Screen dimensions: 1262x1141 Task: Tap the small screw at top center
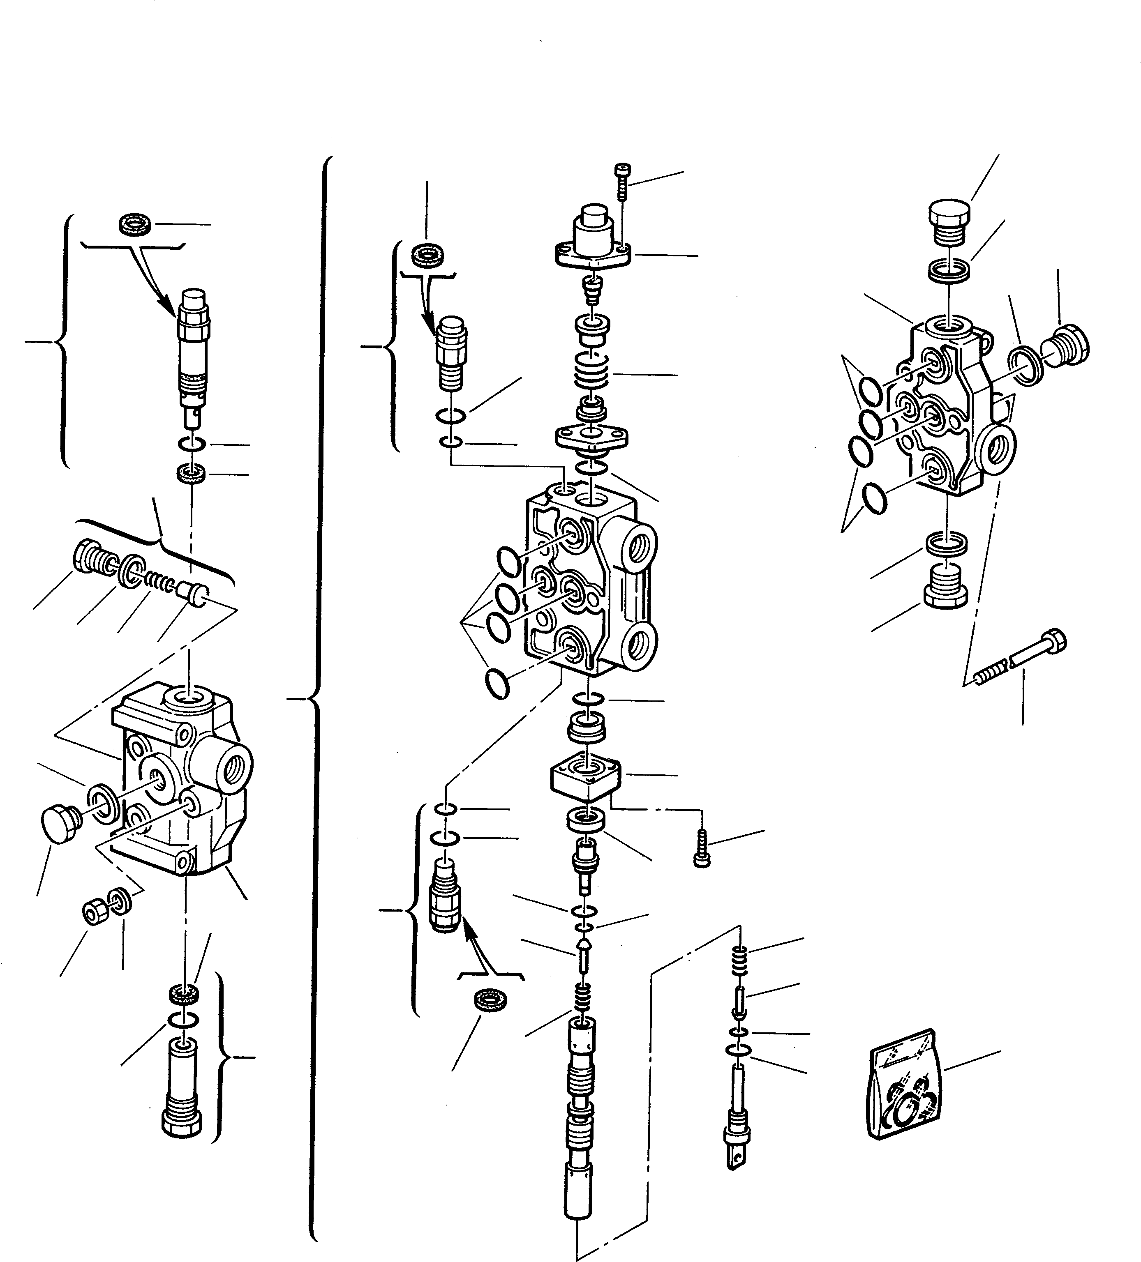click(622, 182)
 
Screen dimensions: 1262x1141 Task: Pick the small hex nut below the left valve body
click(93, 914)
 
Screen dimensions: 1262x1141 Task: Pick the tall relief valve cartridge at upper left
click(194, 350)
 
